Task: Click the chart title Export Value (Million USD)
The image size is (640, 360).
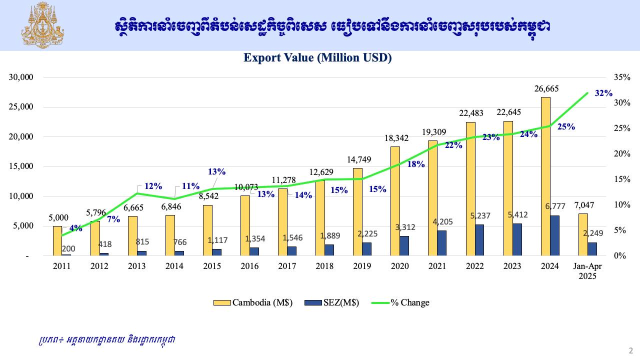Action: (x=317, y=58)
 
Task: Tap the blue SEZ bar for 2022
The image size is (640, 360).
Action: (x=479, y=240)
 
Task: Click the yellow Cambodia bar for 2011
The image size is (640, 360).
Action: (x=57, y=241)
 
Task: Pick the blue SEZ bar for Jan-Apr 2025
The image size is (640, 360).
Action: (x=592, y=249)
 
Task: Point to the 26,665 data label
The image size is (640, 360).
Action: (x=546, y=88)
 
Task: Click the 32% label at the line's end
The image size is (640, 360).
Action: (x=603, y=93)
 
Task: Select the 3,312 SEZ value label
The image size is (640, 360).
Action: (x=404, y=227)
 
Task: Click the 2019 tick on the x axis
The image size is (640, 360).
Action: (x=362, y=266)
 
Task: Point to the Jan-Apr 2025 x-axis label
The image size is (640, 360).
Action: (x=587, y=271)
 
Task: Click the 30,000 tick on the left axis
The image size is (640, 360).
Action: (x=20, y=77)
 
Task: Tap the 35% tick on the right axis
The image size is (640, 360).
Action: (x=621, y=77)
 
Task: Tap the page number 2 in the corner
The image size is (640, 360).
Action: (x=630, y=350)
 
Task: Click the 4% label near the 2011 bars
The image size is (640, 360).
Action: (x=75, y=228)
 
